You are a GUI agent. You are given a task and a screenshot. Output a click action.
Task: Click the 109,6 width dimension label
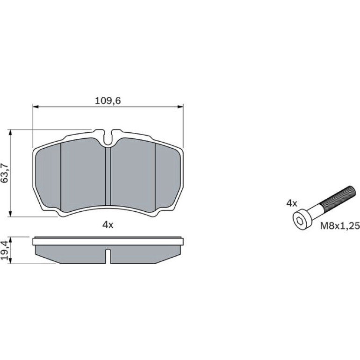click(x=108, y=101)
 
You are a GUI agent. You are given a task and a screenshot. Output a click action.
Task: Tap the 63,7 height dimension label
click(x=5, y=173)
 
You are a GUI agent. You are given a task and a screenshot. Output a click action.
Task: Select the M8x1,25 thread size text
click(x=340, y=226)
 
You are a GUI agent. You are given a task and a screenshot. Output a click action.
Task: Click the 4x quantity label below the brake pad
click(x=108, y=225)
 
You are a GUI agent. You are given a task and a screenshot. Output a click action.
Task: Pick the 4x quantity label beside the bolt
click(x=292, y=203)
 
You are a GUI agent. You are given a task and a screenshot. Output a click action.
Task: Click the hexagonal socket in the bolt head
click(x=299, y=221)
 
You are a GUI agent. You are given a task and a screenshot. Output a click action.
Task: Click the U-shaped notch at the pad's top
click(x=108, y=137)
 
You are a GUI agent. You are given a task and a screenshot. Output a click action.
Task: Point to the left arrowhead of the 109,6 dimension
click(x=35, y=107)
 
